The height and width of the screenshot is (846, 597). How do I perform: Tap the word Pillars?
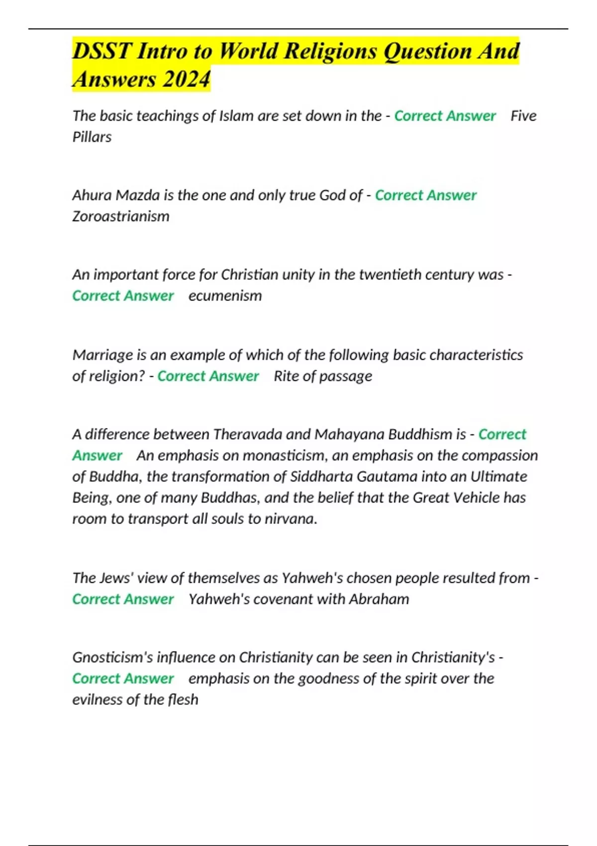pyautogui.click(x=92, y=137)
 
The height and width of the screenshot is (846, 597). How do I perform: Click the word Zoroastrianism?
pyautogui.click(x=121, y=216)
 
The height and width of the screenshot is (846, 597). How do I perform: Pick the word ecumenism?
pyautogui.click(x=225, y=296)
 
